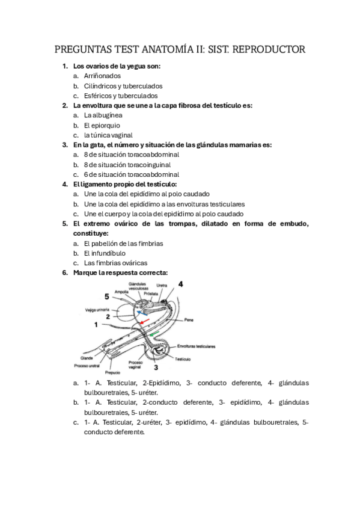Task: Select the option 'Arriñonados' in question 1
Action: pos(102,76)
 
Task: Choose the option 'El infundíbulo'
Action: pos(105,253)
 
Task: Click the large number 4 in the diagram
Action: pos(181,284)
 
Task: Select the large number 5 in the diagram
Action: pos(106,296)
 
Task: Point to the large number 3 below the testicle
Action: pos(156,367)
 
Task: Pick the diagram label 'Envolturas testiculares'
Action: pos(197,346)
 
